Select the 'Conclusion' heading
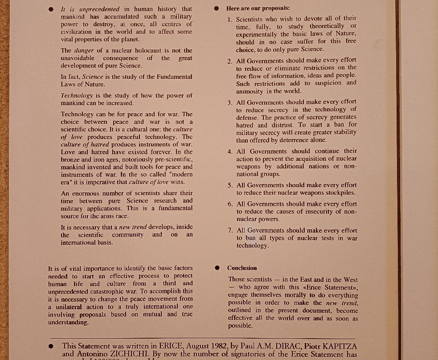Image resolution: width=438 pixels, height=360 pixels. tap(242, 268)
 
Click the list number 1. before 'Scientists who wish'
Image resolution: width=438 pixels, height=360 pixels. tap(229, 19)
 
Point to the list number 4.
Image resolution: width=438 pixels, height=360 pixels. tap(230, 151)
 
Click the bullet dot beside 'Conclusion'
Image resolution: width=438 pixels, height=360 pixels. tap(217, 268)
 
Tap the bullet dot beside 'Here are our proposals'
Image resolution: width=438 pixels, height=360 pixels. tap(217, 8)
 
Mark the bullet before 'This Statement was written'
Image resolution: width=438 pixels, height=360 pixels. tap(51, 346)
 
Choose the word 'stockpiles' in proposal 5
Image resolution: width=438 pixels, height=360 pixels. tap(340, 193)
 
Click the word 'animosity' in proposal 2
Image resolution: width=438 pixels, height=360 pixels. tap(250, 91)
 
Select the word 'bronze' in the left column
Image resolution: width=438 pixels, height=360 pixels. tap(71, 160)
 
